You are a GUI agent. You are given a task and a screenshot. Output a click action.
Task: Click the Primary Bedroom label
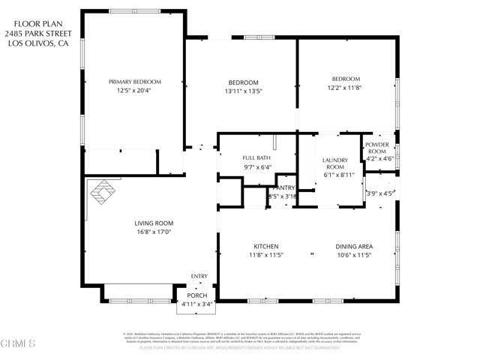135,82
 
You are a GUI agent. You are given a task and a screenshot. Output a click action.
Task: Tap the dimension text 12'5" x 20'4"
135,91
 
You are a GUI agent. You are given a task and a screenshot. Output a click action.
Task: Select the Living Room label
154,223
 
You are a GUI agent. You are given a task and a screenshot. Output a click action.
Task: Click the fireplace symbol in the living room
103,192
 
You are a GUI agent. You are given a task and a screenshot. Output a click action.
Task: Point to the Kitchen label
266,246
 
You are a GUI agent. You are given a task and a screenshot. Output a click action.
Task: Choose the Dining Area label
353,246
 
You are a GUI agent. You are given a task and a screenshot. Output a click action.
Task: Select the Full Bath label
256,157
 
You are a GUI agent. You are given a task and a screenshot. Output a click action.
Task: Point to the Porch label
197,295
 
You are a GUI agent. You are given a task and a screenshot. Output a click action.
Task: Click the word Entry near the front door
199,277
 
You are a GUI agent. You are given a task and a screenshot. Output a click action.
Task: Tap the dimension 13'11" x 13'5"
243,91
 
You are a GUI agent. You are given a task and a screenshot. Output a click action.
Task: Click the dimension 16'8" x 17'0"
154,232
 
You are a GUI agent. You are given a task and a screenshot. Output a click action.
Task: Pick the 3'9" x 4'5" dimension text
379,193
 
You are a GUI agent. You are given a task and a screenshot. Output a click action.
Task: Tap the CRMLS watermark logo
19,344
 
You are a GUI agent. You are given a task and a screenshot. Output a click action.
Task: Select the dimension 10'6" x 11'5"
353,255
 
